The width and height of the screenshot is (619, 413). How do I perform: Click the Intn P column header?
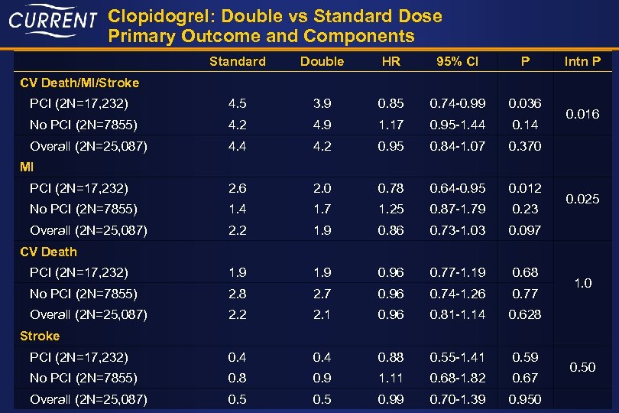(x=582, y=61)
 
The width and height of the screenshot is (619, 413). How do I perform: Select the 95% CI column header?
(x=457, y=61)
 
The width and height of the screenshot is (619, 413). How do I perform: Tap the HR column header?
(x=391, y=61)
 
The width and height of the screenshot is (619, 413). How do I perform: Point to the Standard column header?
(x=237, y=61)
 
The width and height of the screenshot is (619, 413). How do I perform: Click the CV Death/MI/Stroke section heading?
(x=69, y=82)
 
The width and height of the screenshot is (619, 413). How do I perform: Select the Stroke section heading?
(x=40, y=336)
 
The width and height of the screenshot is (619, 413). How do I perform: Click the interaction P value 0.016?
(x=582, y=114)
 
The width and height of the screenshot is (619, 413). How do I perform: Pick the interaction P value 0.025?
(x=582, y=199)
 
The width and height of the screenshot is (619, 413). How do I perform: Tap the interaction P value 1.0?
(x=582, y=283)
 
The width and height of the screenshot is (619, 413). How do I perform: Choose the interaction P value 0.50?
(x=582, y=368)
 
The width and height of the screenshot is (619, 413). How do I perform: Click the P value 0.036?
(x=524, y=103)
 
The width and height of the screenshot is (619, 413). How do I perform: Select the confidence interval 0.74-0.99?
(x=457, y=103)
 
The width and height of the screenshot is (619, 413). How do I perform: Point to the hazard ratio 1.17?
(x=391, y=125)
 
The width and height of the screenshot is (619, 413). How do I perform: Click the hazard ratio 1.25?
(x=391, y=209)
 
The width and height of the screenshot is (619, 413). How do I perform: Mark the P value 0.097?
(x=524, y=230)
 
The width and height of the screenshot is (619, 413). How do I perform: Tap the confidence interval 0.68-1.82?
(x=457, y=378)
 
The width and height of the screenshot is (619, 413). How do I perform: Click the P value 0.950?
(x=524, y=399)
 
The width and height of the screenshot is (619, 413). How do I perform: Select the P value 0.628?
(x=524, y=314)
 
